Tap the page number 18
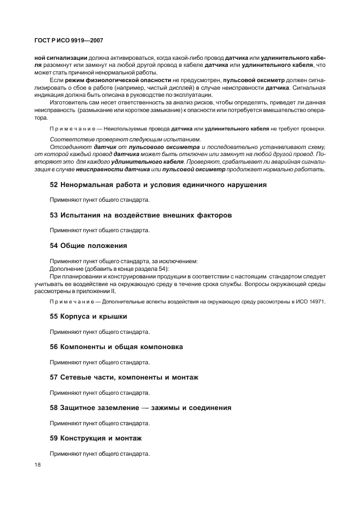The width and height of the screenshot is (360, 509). pyautogui.click(x=38, y=465)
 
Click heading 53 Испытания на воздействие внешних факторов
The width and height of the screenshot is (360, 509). pyautogui.click(x=141, y=215)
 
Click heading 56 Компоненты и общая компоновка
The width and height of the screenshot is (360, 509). pyautogui.click(x=116, y=347)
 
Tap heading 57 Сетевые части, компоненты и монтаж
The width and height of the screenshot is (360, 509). pyautogui.click(x=124, y=377)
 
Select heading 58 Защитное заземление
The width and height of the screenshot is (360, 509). pyautogui.click(x=140, y=408)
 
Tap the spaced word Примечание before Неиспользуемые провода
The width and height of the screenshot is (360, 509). pyautogui.click(x=71, y=129)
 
